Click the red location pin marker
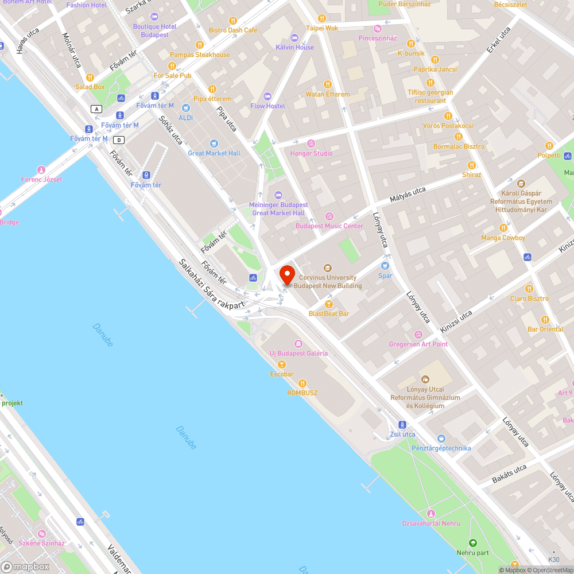point(286,274)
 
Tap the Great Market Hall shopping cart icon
point(214,143)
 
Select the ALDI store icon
point(185,108)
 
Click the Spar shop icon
point(385,265)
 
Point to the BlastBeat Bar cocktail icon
point(329,304)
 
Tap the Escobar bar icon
point(282,364)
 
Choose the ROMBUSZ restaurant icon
point(302,383)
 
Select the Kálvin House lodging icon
point(295,37)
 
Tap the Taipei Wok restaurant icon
point(322,18)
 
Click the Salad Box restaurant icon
point(90,77)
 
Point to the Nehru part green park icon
point(472,542)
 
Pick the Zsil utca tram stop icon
point(402,425)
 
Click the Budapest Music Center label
point(329,226)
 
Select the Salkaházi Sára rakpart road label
point(211,285)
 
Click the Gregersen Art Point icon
point(418,334)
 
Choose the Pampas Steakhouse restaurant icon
point(200,45)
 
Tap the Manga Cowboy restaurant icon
point(503,228)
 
